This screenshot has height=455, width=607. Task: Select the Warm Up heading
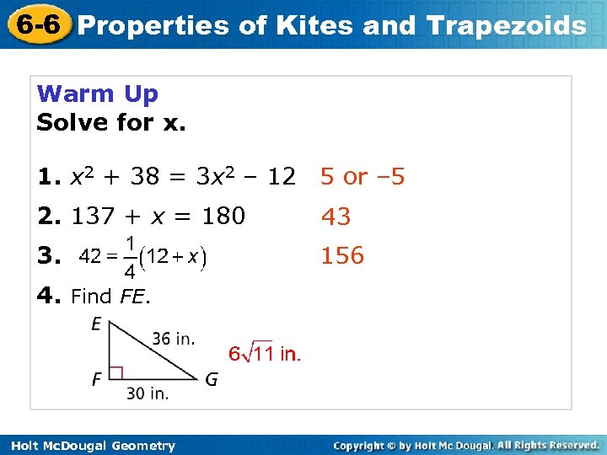click(x=98, y=94)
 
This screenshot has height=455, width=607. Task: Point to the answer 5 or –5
click(x=363, y=177)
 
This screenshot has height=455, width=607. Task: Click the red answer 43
click(x=336, y=217)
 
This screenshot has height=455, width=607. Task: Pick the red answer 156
click(x=342, y=256)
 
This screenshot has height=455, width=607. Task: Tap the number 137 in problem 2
click(x=89, y=217)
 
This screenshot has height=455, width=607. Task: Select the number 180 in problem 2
click(x=223, y=217)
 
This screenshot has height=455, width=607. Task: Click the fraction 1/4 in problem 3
click(x=129, y=258)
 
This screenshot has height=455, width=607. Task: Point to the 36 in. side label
click(x=174, y=339)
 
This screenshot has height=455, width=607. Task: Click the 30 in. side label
click(x=147, y=393)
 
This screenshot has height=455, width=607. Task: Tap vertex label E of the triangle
click(x=98, y=324)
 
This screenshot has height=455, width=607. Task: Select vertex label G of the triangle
click(x=211, y=379)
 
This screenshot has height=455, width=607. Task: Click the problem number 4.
click(x=47, y=296)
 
